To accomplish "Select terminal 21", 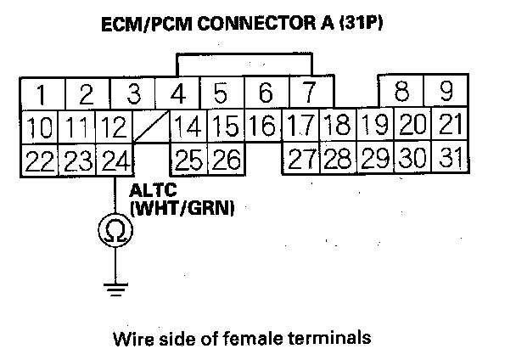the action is (451, 127).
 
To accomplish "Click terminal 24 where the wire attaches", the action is (114, 159).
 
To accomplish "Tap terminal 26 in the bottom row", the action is (227, 159).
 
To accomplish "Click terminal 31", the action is (451, 159).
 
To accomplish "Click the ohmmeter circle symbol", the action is (114, 229).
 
